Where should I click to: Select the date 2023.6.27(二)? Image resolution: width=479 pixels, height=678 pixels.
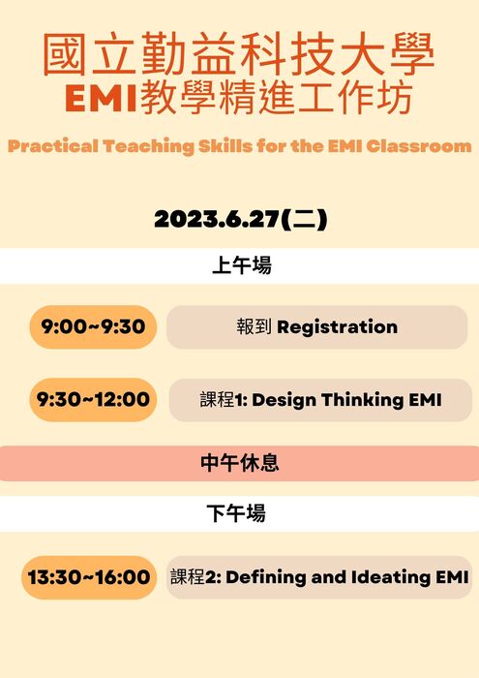click(x=240, y=220)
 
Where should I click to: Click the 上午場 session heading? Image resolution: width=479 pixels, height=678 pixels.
click(x=241, y=265)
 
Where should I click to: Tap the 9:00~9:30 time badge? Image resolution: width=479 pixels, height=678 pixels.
click(x=93, y=327)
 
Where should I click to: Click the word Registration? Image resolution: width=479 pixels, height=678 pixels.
click(x=337, y=327)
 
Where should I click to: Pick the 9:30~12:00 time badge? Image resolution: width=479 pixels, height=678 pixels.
click(x=93, y=399)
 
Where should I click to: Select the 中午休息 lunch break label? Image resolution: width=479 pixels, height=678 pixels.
click(x=239, y=463)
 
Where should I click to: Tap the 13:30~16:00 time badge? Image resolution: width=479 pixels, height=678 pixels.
click(x=89, y=577)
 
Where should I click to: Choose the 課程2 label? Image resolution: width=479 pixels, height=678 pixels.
click(x=192, y=577)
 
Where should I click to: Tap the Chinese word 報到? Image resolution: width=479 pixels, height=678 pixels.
click(x=254, y=327)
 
